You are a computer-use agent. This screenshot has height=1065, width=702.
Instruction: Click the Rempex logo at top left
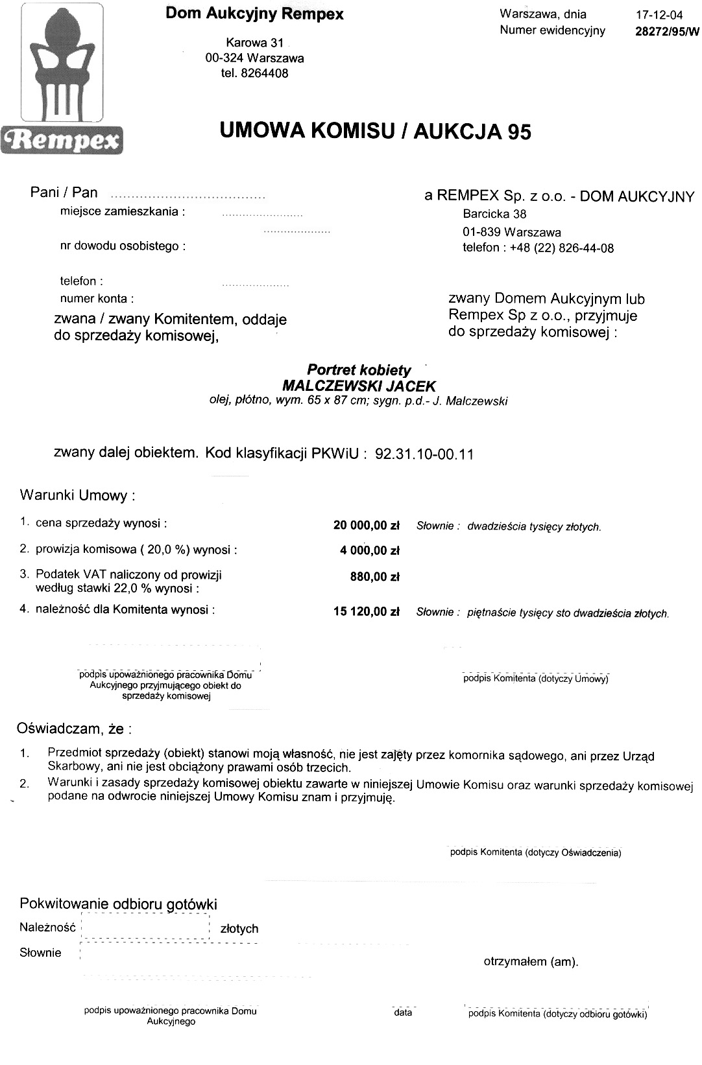(x=63, y=78)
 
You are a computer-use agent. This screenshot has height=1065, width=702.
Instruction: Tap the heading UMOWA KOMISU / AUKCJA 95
(x=376, y=131)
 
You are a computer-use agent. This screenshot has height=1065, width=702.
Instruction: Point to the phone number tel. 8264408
(x=255, y=73)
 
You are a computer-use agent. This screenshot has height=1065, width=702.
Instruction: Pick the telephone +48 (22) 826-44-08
(x=538, y=248)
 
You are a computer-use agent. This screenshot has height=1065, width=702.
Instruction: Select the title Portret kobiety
(x=359, y=370)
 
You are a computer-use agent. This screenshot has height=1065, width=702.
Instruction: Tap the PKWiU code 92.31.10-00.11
(x=424, y=454)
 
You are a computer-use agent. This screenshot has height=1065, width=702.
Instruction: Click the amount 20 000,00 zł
(x=366, y=526)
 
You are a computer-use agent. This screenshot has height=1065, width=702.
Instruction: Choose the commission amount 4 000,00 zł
(x=369, y=551)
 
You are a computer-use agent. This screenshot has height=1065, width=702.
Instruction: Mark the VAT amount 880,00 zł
(x=374, y=577)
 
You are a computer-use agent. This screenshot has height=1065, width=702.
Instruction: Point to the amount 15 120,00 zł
(x=366, y=611)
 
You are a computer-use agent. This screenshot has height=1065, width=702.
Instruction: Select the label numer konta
(x=97, y=299)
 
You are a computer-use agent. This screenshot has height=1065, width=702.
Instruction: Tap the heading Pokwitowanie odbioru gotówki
(x=118, y=904)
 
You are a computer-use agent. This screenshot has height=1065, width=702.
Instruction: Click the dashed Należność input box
(x=145, y=928)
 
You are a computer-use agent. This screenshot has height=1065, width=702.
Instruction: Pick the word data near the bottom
(x=403, y=1012)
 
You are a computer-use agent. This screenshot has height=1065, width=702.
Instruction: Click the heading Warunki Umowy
(x=78, y=496)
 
